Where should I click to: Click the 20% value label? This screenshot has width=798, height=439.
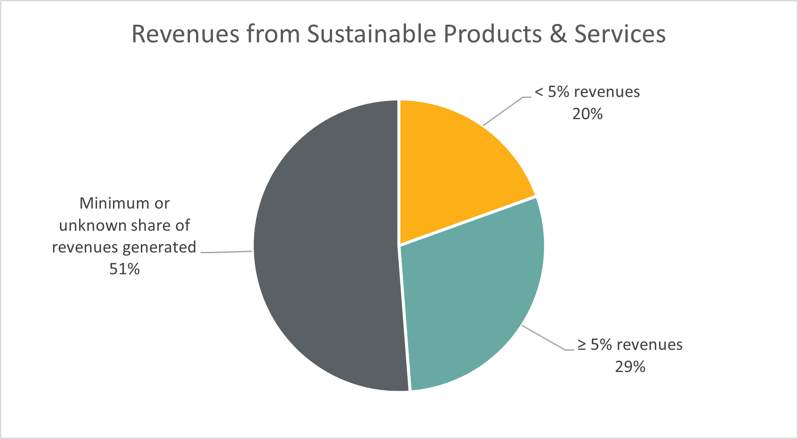[587, 114]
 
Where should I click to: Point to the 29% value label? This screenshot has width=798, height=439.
[630, 367]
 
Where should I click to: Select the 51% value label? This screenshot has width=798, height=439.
[124, 269]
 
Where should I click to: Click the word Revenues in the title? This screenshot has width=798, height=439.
[185, 34]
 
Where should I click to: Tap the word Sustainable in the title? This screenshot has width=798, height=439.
[371, 34]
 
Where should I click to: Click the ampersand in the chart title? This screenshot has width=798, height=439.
[558, 34]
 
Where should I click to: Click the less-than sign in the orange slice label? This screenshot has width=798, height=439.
[539, 92]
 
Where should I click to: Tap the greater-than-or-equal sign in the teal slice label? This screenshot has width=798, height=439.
[582, 345]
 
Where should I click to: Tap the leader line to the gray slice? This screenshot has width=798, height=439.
[226, 252]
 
